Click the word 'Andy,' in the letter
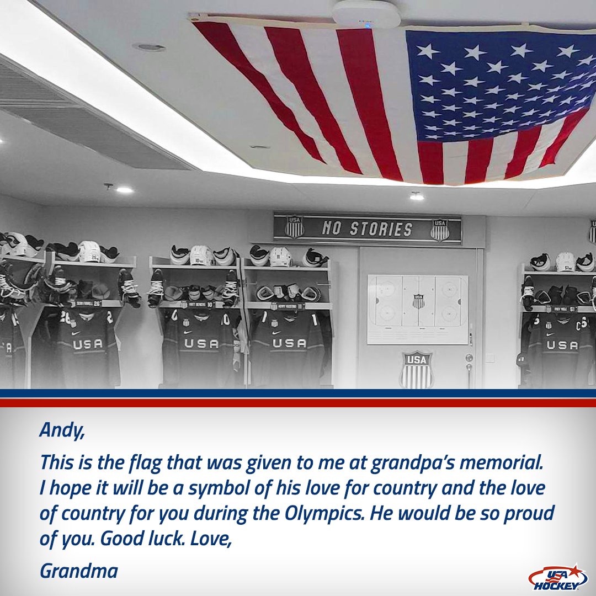point(62,430)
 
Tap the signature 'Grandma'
point(78,571)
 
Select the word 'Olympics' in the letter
point(324,513)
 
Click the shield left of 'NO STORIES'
point(294,226)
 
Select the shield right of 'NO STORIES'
point(440,229)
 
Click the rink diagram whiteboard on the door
point(418,309)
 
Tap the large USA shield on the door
point(417,369)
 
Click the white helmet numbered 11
point(280,257)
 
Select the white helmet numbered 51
point(565,262)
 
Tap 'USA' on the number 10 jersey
point(201,343)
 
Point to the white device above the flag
point(366,13)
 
